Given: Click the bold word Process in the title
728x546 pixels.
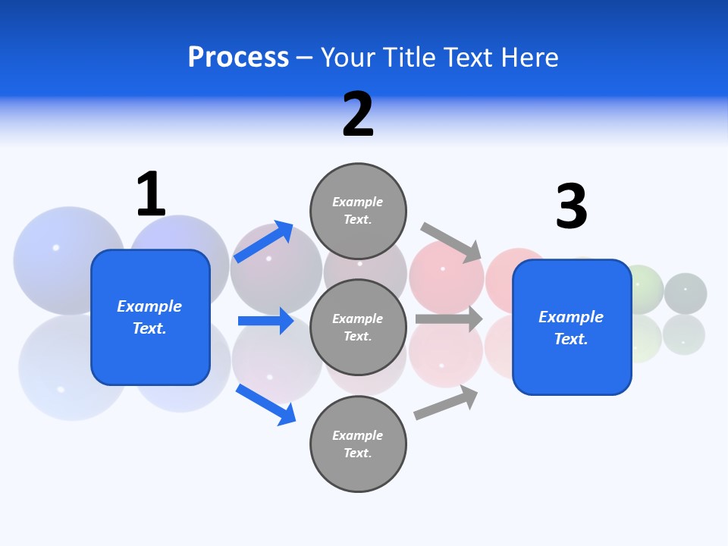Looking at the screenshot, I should point(238,58).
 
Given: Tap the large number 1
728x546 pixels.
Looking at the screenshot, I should point(151,194).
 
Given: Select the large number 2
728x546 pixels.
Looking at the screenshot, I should point(358,115).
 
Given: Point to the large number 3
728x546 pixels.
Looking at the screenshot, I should point(571,206).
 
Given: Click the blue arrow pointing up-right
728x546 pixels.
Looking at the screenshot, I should point(263,242).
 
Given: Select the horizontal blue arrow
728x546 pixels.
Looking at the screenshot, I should point(265,321).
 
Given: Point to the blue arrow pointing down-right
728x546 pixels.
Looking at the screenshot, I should point(265,404).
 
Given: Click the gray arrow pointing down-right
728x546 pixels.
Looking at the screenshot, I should point(452,242).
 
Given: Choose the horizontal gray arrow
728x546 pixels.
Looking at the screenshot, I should point(449,319).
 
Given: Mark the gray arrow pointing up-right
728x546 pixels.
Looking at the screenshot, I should point(446,403).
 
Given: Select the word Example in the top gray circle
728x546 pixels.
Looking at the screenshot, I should point(358,202).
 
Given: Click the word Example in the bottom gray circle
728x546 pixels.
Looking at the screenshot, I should point(358,435).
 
